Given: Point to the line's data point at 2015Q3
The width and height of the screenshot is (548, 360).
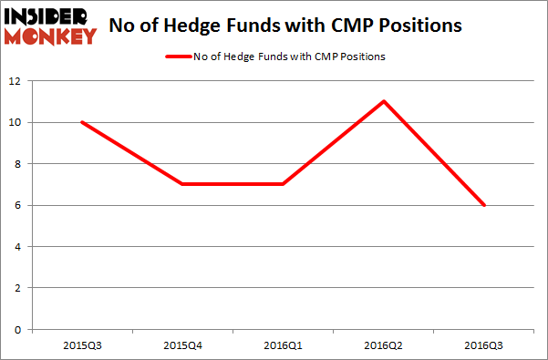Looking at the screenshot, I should click(81, 122).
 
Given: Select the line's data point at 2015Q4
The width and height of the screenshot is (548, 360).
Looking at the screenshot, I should click(182, 184).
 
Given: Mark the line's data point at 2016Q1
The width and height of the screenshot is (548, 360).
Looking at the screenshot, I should click(284, 184).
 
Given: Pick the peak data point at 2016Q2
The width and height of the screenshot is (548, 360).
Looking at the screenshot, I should click(384, 101).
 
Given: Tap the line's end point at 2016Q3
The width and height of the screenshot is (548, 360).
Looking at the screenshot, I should click(484, 205).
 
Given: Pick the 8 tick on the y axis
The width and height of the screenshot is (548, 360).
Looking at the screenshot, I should click(18, 164).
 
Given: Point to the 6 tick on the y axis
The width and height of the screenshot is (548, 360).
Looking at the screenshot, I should click(18, 205).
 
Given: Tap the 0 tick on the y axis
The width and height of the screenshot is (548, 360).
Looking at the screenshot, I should click(18, 329).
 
